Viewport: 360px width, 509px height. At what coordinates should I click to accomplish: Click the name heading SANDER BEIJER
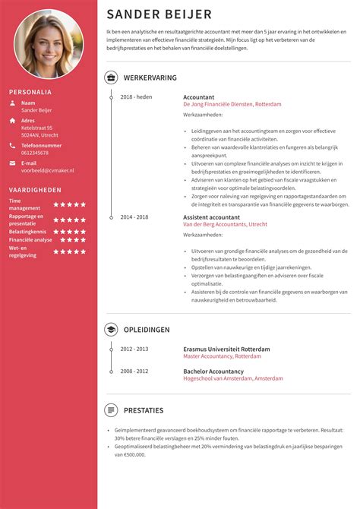coord(159,14)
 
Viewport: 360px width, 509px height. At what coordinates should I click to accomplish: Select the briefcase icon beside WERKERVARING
coord(111,77)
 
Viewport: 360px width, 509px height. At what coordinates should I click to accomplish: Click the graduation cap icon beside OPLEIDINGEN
coord(111,330)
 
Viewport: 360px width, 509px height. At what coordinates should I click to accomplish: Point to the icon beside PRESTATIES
coord(111,410)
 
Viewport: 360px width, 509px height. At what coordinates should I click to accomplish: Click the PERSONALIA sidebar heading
coord(30,92)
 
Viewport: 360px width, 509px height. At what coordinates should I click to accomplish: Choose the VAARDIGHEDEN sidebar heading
coord(35,190)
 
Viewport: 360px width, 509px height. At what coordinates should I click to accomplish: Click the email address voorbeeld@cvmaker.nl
coord(48,171)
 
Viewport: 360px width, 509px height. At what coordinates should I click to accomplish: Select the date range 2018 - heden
coord(137,97)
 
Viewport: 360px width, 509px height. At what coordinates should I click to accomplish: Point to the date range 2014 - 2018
coord(134,217)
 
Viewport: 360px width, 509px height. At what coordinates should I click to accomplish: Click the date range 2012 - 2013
coord(134,349)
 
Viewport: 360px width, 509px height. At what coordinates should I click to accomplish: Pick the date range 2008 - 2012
coord(134,371)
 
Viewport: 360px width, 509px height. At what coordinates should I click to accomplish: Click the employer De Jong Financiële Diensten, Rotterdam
coord(232,104)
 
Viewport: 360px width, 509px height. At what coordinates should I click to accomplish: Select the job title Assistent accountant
coord(212,217)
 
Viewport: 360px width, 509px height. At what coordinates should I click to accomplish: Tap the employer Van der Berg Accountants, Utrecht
coord(225,225)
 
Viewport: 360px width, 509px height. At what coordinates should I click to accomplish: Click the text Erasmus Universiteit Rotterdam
coord(226,349)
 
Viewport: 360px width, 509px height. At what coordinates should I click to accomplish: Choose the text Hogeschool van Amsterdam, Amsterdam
coord(232,378)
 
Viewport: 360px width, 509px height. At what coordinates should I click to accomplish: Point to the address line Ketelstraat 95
coord(39,128)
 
